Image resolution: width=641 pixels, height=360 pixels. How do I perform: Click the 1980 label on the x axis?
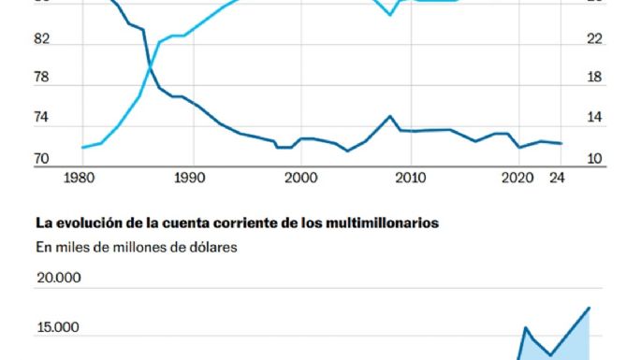(81, 177)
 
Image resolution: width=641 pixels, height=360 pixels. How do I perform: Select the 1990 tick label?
(190, 177)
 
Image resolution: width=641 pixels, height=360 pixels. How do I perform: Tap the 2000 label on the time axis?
(299, 177)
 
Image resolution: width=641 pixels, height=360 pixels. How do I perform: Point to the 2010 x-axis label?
(409, 177)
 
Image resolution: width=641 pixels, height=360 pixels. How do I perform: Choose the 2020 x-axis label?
(518, 177)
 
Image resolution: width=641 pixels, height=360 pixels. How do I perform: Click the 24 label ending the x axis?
(559, 177)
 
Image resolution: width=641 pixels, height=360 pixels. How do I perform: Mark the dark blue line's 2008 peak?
(390, 116)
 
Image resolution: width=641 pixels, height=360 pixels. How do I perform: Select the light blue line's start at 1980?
(82, 147)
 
